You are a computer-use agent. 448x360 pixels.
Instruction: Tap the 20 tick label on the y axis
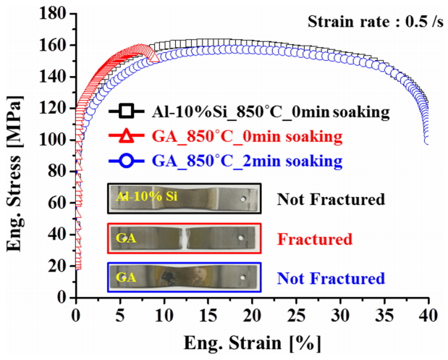58,266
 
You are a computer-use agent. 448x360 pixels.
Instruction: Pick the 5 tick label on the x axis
119,314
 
